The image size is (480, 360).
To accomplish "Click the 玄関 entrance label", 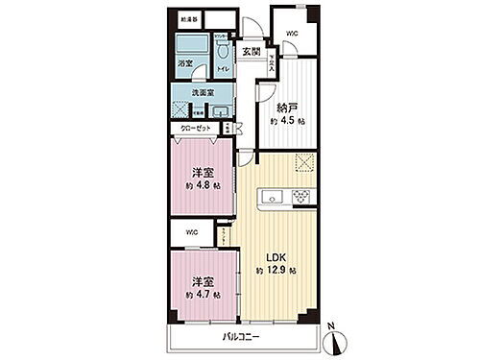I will click(251, 51).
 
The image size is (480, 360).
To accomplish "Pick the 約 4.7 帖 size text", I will click(203, 294).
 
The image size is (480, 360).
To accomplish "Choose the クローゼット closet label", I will click(195, 127).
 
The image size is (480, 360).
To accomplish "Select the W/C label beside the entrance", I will click(291, 34).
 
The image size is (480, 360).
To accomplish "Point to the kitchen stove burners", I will click(302, 199).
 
